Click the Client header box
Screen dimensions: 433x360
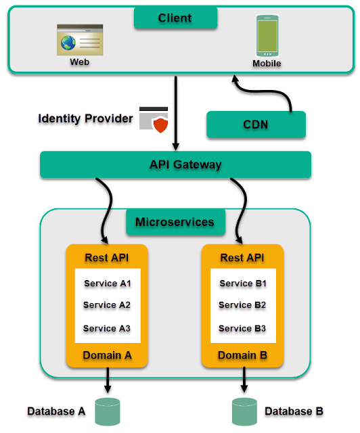pos(175,18)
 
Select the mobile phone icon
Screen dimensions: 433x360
pos(267,36)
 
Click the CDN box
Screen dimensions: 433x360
pos(256,124)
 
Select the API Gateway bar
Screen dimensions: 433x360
pos(175,164)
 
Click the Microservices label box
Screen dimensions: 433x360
pos(175,222)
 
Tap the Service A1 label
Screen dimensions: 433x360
pos(107,283)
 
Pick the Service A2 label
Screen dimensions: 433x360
pos(107,305)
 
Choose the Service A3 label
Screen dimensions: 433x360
pos(107,328)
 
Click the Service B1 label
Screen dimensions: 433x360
pos(243,283)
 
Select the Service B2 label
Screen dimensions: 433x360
pos(242,305)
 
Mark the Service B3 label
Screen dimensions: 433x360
pos(242,328)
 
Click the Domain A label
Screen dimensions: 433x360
pos(107,355)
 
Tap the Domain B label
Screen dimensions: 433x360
pos(242,355)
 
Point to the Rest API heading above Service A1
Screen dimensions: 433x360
pos(107,258)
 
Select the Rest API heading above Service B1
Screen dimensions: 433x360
pos(242,258)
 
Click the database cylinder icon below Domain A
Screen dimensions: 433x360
pos(107,411)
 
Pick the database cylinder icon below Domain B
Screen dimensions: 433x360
pos(244,411)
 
